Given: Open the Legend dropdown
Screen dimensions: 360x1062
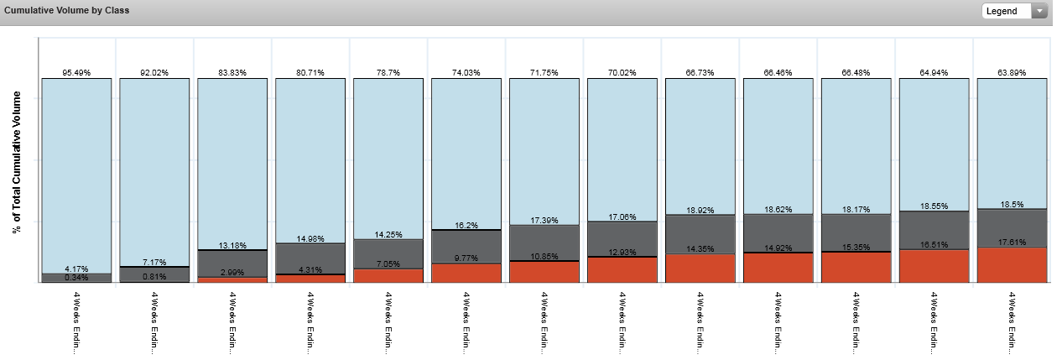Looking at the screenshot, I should [1015, 11].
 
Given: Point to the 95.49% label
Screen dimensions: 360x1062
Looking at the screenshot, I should [76, 73].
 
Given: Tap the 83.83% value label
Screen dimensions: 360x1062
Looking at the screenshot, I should [232, 73].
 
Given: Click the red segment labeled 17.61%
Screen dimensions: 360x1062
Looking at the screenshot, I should [1013, 265].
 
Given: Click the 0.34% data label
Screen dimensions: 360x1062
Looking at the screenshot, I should [76, 277].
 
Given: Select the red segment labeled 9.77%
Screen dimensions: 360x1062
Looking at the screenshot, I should [466, 274].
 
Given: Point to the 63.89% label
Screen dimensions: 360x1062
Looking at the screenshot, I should [1013, 73].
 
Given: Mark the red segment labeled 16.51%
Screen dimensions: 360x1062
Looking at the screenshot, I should [934, 266].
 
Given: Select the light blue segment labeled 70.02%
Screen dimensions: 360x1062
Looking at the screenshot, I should [622, 151].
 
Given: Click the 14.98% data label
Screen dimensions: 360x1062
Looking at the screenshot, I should [310, 237].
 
